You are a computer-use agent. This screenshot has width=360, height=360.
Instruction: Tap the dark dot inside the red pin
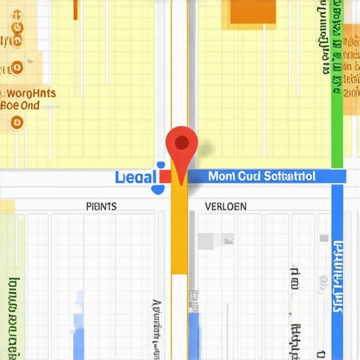point(181,143)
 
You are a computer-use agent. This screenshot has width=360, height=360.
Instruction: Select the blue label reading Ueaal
point(136,176)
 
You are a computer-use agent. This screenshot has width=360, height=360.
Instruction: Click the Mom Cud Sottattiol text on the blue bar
point(262,176)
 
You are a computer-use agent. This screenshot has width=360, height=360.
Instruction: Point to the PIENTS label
point(101,207)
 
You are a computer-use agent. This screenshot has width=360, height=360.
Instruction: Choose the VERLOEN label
point(226,207)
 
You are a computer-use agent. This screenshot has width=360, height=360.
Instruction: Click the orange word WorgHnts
point(32,94)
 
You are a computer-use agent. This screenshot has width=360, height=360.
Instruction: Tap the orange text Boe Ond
point(20,106)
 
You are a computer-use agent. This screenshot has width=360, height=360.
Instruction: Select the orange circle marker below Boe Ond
point(18,122)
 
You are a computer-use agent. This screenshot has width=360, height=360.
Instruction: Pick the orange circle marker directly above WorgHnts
point(16,68)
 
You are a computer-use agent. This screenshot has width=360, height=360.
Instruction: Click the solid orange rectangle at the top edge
point(254,11)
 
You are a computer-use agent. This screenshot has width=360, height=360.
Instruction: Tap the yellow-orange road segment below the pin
point(180,232)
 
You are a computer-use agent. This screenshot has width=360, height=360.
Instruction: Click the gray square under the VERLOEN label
point(205,241)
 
